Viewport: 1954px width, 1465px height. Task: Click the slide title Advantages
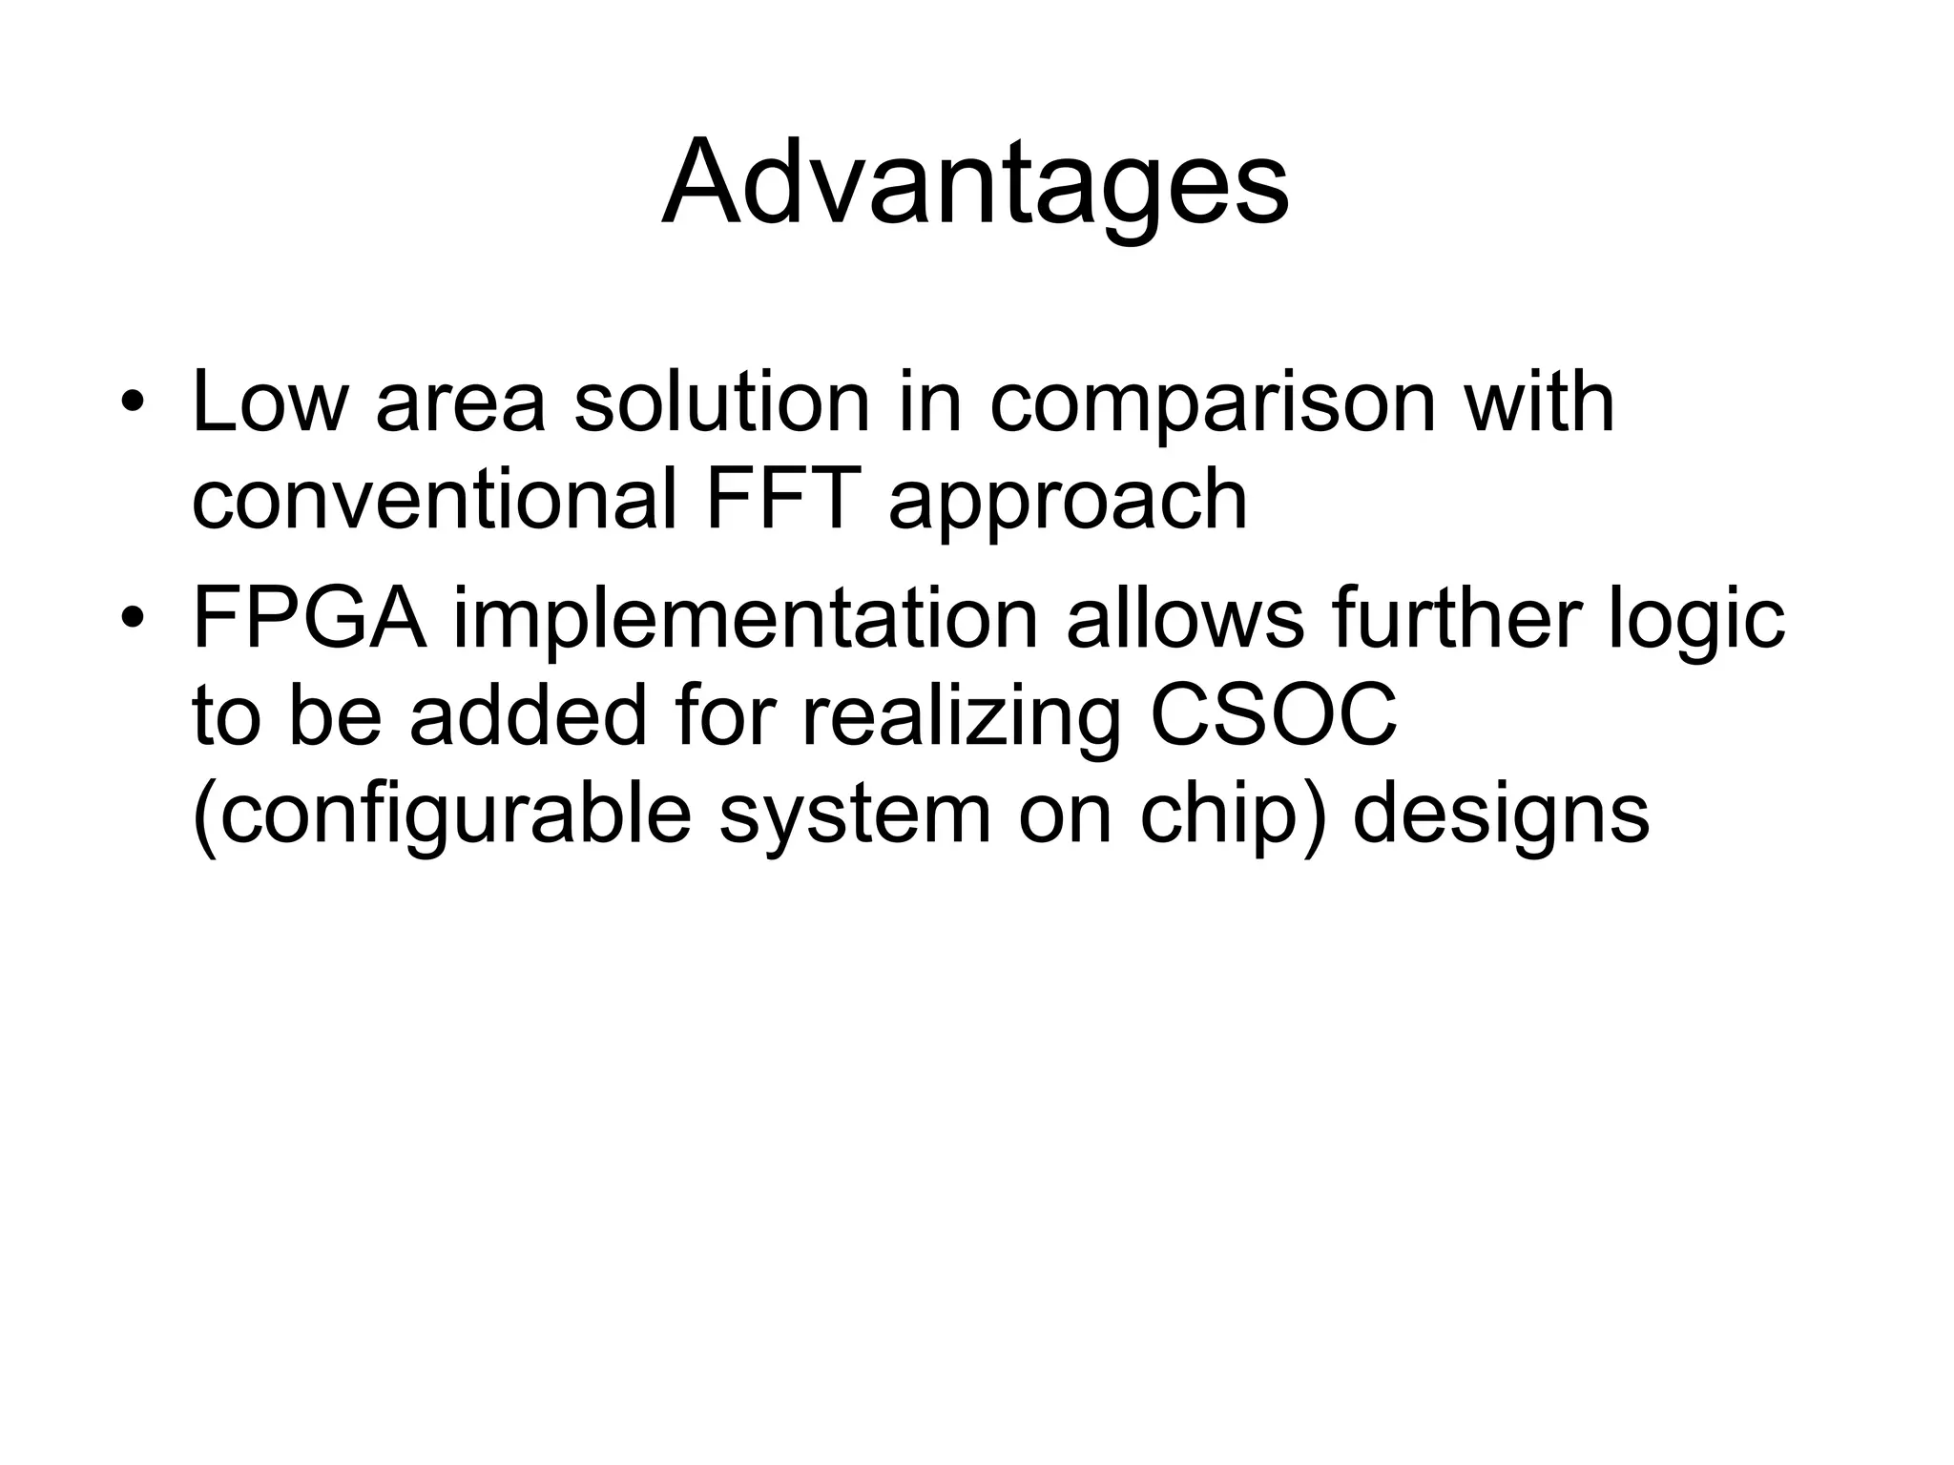pos(975,183)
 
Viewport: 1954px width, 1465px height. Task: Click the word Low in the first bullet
pos(269,402)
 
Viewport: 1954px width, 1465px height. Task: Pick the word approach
pos(1068,506)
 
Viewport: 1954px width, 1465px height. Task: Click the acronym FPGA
pos(309,619)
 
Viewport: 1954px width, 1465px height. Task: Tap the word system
pos(855,819)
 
